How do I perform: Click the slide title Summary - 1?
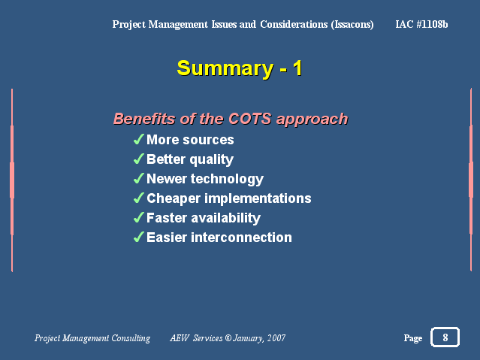(240, 68)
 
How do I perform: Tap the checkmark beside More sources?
(139, 139)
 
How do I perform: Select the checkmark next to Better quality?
(139, 159)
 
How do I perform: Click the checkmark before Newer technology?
(139, 179)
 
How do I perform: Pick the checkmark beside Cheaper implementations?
(139, 198)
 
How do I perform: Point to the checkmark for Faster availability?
(139, 218)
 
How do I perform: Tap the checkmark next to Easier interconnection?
(139, 237)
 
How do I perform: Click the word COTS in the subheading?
(250, 119)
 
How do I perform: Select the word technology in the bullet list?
(227, 179)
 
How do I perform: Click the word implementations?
(258, 198)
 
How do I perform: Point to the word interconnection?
(241, 237)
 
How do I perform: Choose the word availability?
(225, 219)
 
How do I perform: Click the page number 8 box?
(445, 337)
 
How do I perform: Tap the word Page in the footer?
(413, 338)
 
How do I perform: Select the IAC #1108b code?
(421, 24)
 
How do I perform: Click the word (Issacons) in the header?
(352, 25)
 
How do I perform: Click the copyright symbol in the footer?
(228, 338)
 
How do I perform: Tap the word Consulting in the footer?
(131, 338)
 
